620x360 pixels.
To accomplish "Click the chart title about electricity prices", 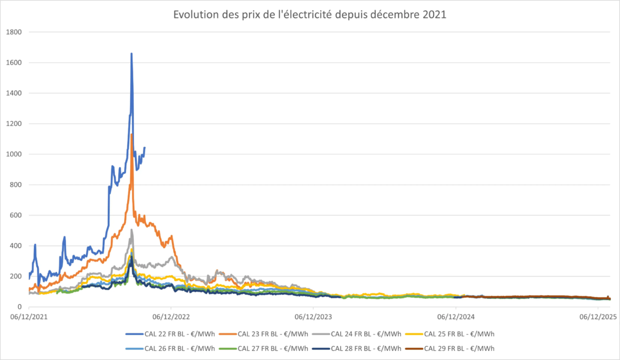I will click(309, 15).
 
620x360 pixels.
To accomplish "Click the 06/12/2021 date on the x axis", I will click(29, 316).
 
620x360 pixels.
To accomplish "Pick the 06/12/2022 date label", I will click(171, 316).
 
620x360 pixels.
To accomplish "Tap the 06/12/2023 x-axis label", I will click(314, 316).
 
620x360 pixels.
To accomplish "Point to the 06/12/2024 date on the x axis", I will click(456, 316).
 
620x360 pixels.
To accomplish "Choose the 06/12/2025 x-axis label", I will click(598, 316).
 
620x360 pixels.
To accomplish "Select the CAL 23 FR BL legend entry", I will click(273, 333).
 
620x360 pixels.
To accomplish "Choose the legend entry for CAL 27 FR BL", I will click(273, 348).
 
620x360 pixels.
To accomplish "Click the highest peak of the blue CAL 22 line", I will click(131, 54).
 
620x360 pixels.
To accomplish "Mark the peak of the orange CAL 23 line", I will click(132, 134).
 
